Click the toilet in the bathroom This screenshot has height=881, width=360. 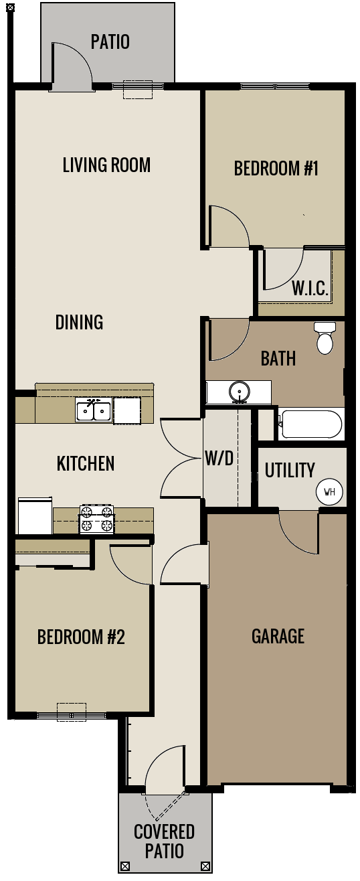[x=325, y=338]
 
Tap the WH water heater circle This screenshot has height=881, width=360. [x=329, y=492]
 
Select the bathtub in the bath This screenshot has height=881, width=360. [x=311, y=424]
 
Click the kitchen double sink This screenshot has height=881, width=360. [x=93, y=410]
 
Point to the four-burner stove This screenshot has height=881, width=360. [x=96, y=519]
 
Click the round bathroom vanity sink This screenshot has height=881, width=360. [x=238, y=391]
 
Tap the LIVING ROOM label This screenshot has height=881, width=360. [x=106, y=165]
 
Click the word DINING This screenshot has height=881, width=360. [x=79, y=322]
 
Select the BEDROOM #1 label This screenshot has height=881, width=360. [x=276, y=168]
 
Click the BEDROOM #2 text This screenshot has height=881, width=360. [x=81, y=637]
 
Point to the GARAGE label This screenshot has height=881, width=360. [x=278, y=635]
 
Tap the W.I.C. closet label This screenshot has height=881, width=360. [x=310, y=289]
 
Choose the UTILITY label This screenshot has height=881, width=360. [x=289, y=470]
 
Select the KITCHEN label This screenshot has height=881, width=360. [x=86, y=463]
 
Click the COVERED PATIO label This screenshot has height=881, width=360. [x=164, y=841]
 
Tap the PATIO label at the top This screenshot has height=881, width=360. [x=110, y=42]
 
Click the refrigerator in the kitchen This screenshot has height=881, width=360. [x=35, y=515]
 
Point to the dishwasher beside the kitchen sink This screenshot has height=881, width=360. [x=126, y=410]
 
